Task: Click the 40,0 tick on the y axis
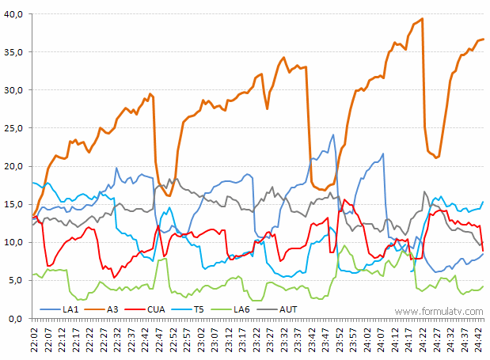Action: [14, 14]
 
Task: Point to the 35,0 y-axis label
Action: [14, 52]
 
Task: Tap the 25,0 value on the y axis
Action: [14, 128]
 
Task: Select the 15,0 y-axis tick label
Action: [14, 204]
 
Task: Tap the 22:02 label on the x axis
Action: [33, 339]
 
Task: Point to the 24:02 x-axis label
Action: [369, 339]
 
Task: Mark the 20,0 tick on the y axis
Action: [14, 166]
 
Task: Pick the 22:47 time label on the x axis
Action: [159, 339]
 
